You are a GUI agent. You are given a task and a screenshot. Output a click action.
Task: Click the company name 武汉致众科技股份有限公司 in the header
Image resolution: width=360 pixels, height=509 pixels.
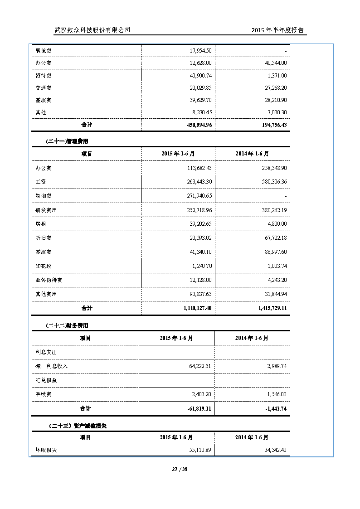(92, 30)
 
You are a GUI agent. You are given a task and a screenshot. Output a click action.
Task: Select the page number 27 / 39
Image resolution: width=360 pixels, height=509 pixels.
(180, 469)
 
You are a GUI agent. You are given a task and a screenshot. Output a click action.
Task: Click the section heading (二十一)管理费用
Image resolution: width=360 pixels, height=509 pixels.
(67, 141)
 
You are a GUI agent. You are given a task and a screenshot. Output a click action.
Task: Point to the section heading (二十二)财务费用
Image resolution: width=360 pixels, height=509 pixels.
(67, 325)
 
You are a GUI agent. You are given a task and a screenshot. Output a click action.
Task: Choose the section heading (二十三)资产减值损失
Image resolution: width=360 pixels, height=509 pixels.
(77, 426)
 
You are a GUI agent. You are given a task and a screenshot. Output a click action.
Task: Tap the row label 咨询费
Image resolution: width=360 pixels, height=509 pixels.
(44, 196)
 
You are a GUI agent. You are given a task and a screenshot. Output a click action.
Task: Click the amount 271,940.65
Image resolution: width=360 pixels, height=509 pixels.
(196, 196)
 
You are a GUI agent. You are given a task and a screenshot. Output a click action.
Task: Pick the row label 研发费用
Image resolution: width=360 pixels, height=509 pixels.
(46, 210)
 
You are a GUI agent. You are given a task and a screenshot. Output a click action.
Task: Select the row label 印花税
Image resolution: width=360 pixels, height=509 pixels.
(44, 266)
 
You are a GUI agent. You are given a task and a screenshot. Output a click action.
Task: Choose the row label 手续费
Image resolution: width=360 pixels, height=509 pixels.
(44, 394)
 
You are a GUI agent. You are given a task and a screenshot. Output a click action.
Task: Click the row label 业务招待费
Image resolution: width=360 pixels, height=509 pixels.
(49, 280)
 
